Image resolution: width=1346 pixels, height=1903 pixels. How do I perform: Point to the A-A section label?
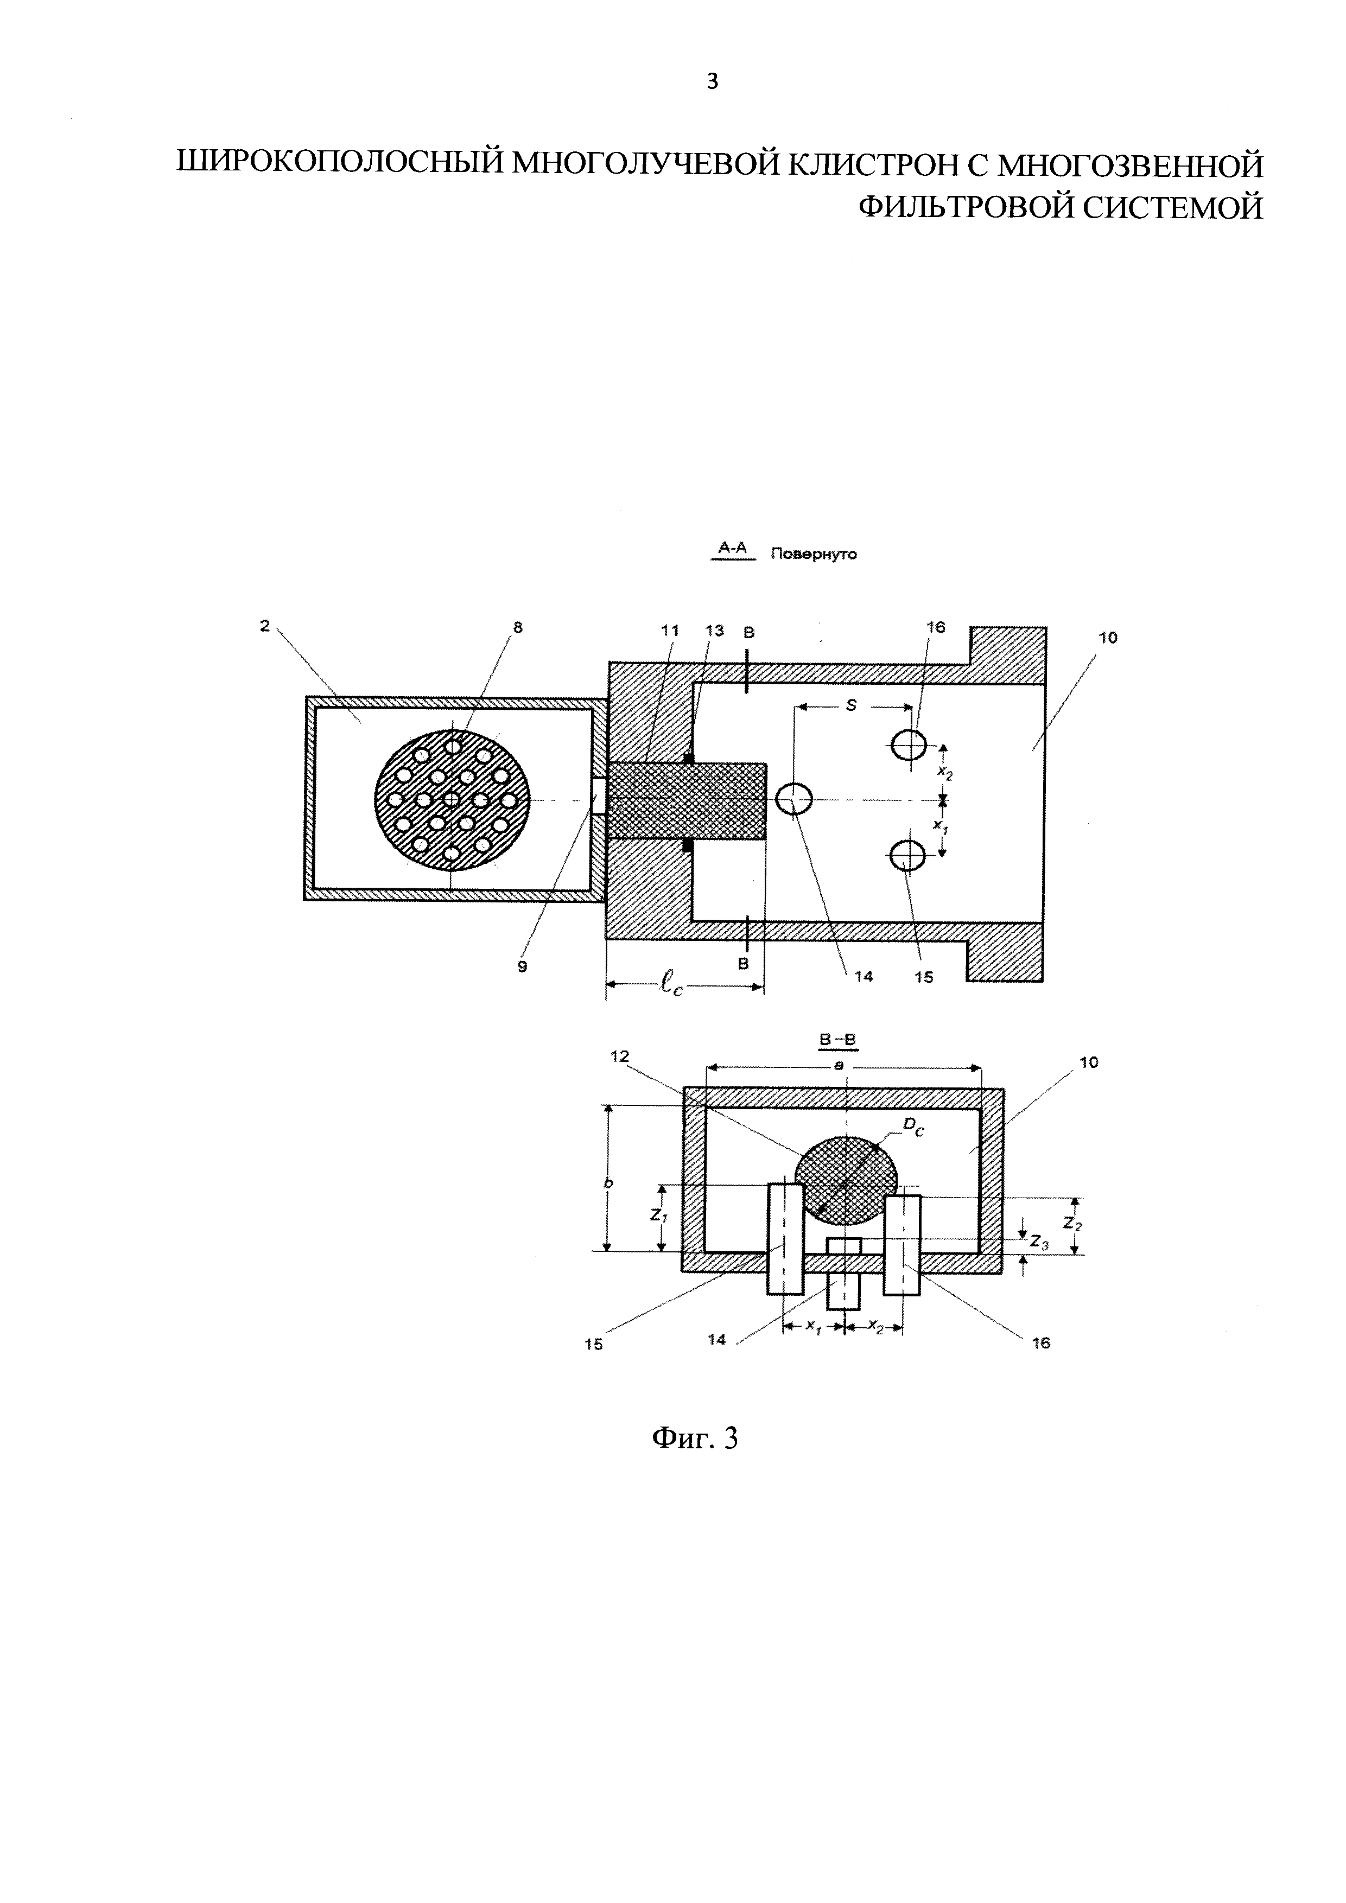point(733,547)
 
